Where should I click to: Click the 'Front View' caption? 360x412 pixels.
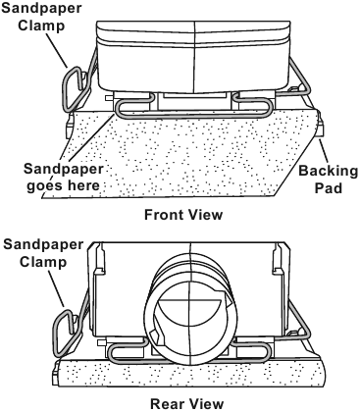tap(183, 215)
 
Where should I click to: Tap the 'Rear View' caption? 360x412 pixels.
tap(186, 404)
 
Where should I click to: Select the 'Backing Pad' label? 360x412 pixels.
tap(328, 180)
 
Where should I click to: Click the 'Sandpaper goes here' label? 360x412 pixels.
tap(63, 178)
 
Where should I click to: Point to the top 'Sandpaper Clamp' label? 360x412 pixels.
tap(41, 17)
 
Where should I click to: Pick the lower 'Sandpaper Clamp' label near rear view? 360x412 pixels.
tap(43, 253)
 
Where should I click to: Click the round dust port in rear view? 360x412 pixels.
tap(190, 313)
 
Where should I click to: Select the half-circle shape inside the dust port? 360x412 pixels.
tap(190, 311)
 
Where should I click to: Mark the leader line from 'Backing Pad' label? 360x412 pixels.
tap(324, 151)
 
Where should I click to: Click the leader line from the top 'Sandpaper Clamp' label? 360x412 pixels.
tap(57, 50)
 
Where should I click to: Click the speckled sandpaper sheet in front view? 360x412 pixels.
tap(183, 155)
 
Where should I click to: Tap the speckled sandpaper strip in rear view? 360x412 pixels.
tap(188, 373)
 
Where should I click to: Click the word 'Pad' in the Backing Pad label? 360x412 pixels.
tap(329, 187)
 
